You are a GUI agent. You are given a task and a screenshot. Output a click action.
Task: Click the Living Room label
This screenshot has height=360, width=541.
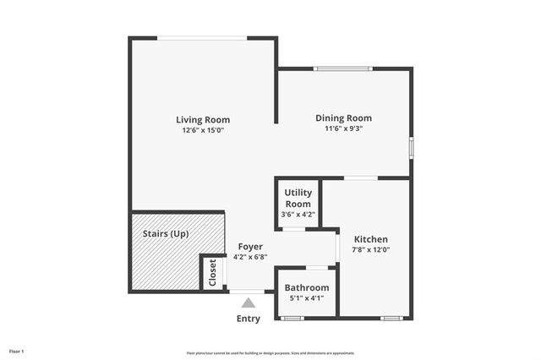203,119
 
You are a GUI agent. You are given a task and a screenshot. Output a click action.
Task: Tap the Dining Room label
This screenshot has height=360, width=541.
343,117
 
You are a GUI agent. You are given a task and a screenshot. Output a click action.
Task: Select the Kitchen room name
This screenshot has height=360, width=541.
370,239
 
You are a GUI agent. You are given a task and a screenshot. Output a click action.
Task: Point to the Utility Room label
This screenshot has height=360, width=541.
298,199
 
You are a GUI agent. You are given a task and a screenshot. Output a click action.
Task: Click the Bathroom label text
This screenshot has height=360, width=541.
306,287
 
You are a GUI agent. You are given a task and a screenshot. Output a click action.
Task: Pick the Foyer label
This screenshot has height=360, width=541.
250,246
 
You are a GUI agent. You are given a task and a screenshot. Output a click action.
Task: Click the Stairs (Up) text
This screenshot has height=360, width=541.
166,233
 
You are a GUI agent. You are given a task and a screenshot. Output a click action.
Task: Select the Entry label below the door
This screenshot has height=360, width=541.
249,319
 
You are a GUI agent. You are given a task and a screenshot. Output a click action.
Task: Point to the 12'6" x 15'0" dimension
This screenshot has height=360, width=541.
203,130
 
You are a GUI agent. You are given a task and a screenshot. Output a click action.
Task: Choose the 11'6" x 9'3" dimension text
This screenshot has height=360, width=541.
343,128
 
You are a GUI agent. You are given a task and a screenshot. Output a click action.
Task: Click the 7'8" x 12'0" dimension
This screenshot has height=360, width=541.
370,250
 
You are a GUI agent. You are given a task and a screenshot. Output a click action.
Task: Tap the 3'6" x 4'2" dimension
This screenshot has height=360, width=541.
298,215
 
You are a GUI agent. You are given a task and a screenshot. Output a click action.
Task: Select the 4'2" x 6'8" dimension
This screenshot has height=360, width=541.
250,257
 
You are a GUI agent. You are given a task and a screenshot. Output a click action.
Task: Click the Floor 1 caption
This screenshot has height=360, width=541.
17,351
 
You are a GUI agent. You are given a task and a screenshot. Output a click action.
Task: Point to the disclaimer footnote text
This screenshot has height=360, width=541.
270,352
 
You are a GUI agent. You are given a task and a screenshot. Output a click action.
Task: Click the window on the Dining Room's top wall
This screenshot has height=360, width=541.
342,68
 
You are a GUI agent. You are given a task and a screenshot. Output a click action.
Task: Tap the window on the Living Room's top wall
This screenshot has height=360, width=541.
202,38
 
